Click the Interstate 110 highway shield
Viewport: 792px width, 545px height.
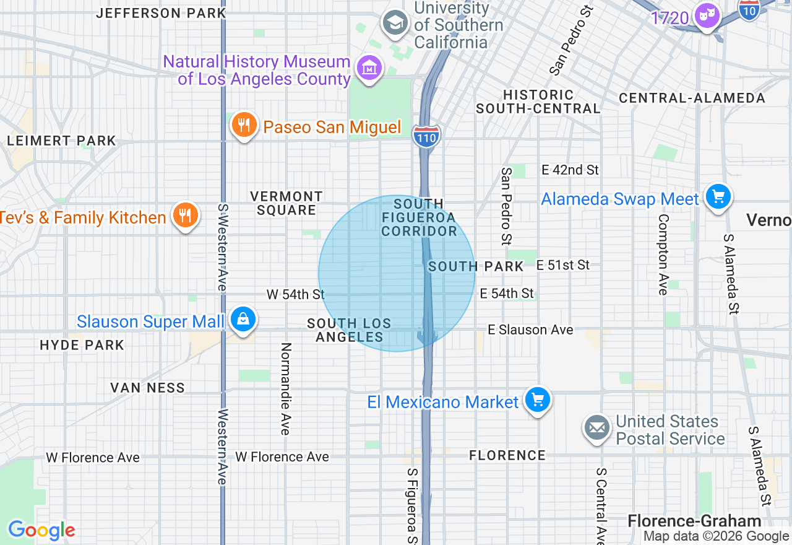(x=427, y=136)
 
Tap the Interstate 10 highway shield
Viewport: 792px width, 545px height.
(x=749, y=10)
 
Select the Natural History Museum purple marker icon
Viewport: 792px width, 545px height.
(x=370, y=68)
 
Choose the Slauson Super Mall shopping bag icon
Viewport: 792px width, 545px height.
(x=243, y=320)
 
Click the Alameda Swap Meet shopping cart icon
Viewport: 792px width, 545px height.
(x=718, y=198)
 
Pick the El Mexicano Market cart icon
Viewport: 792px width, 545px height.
(x=537, y=400)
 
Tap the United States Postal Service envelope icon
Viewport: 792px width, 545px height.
(x=597, y=428)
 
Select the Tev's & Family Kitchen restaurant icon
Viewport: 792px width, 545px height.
(x=185, y=216)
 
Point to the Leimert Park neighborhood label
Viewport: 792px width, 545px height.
(x=61, y=141)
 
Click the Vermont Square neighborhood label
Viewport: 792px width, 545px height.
(x=286, y=203)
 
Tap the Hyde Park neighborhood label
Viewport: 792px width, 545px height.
(x=82, y=345)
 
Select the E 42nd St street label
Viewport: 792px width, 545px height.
(x=570, y=170)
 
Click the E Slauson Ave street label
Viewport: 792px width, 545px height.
(x=530, y=330)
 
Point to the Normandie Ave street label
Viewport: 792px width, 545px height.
(x=285, y=388)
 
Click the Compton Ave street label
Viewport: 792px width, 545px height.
(x=663, y=255)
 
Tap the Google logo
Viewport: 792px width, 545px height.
(x=41, y=530)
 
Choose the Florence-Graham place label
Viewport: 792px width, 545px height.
(x=694, y=521)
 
